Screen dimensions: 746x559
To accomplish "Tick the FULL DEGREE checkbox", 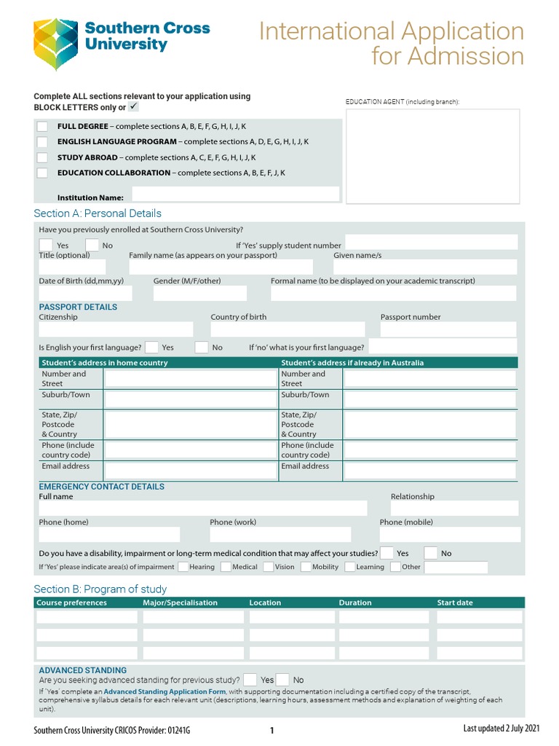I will tap(42, 127).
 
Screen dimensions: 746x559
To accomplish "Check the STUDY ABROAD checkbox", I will tap(42, 157).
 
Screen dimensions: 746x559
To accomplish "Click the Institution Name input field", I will tap(235, 195).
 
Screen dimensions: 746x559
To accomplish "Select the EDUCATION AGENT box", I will tap(432, 156).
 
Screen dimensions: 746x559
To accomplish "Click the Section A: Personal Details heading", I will tap(98, 213).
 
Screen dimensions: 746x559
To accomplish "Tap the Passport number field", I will tap(448, 329).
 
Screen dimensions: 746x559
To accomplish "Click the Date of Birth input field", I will tap(85, 293).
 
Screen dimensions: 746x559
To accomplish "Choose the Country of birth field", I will tap(288, 329).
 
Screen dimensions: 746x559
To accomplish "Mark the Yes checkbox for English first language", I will tap(151, 348).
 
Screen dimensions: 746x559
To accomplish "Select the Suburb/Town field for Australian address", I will tap(429, 399).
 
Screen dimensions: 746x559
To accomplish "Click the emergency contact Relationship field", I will tap(454, 509).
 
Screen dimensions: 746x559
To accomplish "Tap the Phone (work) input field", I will tap(280, 535).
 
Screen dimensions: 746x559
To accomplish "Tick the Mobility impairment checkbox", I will tap(305, 567).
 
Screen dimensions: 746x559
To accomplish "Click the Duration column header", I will tap(355, 602).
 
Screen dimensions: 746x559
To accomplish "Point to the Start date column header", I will tap(454, 602).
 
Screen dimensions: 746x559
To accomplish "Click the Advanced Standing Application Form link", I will tap(164, 691).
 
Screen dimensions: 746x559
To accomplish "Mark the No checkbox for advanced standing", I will tap(283, 680).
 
